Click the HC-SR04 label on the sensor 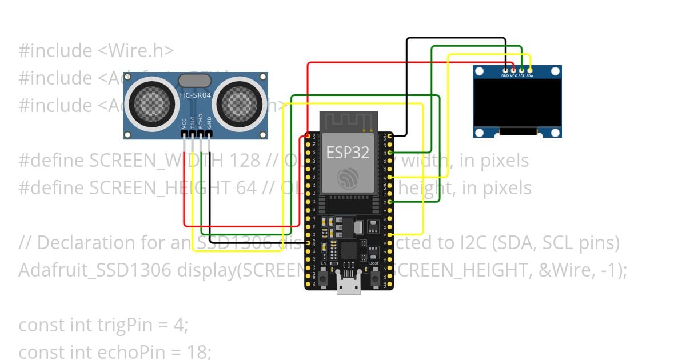[196, 95]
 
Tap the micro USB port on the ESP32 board [348, 285]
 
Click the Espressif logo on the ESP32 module [348, 178]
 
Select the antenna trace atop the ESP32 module [348, 122]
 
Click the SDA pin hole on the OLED [530, 70]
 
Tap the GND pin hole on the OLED [505, 70]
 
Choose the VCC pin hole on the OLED [513, 70]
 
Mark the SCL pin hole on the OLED [521, 70]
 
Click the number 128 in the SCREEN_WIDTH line [244, 161]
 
